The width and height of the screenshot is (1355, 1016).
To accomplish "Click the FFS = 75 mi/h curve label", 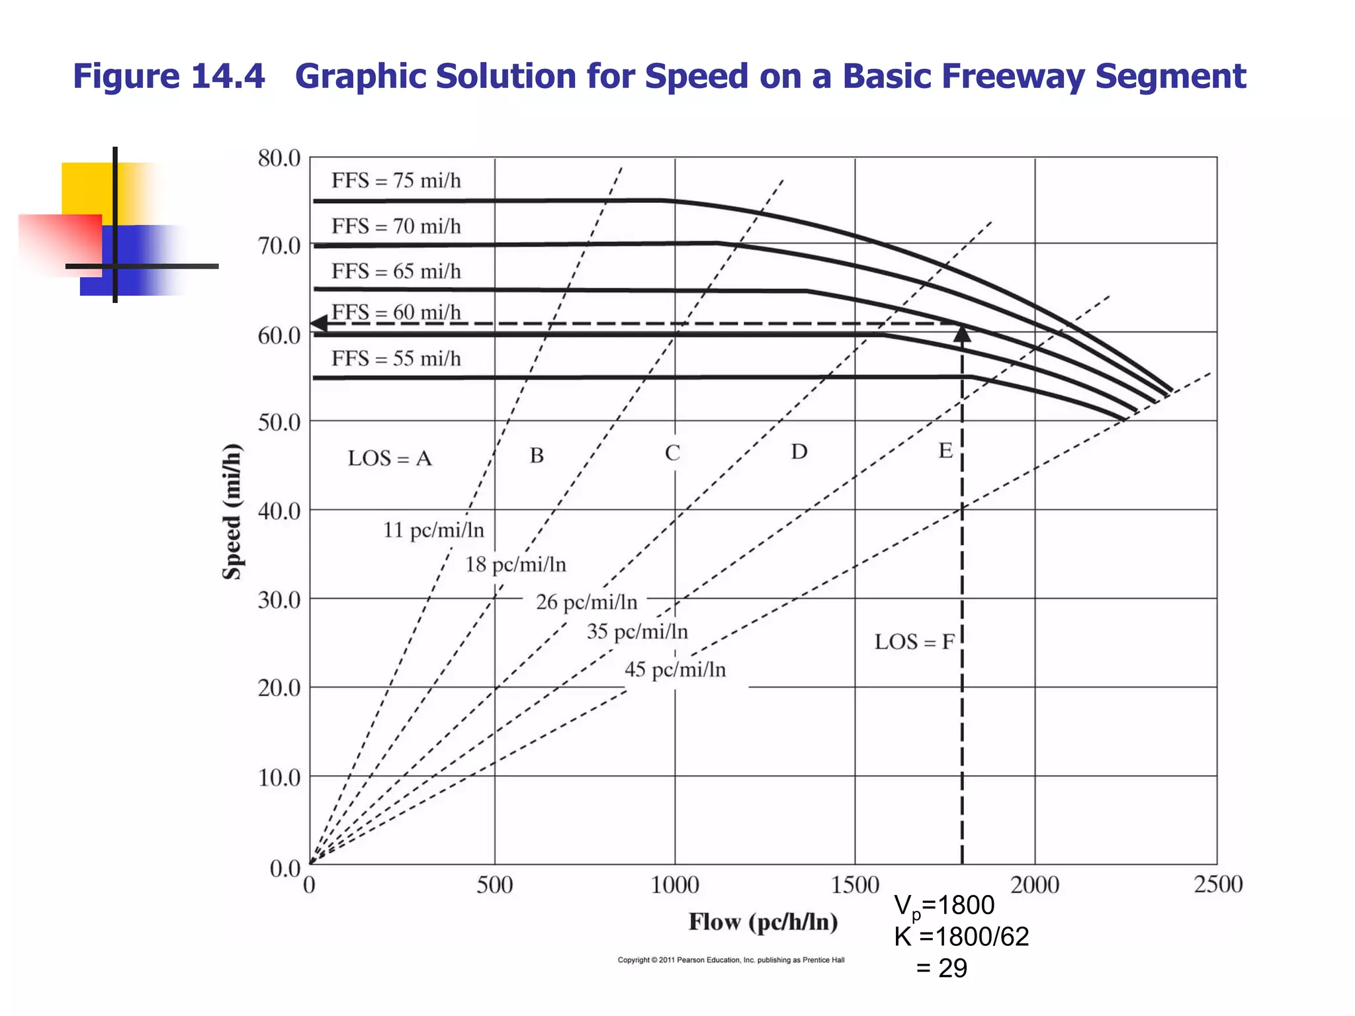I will [396, 181].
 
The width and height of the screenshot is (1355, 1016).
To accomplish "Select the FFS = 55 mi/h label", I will [396, 359].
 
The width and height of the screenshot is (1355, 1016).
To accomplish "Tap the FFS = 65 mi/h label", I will [396, 271].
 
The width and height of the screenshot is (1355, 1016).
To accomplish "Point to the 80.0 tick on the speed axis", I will [279, 159].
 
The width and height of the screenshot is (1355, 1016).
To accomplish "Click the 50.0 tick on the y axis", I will [279, 422].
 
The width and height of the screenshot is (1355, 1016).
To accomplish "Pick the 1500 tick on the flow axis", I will [854, 885].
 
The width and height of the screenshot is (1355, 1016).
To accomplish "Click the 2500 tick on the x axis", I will [1217, 885].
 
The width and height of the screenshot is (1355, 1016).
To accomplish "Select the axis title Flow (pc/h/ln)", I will [763, 922].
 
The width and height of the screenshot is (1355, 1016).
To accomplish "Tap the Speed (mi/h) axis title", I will [232, 511].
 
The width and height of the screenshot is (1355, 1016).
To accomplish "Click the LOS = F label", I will [914, 642].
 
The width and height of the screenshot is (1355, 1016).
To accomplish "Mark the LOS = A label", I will [390, 458].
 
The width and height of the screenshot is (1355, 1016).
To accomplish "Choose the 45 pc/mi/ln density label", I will [675, 670].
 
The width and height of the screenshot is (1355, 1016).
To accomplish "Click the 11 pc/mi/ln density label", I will [433, 530].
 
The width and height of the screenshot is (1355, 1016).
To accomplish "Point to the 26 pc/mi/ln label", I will [586, 603].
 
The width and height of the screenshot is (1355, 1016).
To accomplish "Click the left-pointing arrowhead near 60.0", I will [319, 323].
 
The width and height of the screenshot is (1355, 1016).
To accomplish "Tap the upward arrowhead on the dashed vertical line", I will [962, 334].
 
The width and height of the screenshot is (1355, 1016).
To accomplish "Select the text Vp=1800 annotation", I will [944, 906].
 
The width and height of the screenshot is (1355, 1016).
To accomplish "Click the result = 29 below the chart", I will [941, 968].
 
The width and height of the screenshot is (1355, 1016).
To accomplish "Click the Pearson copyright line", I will [730, 960].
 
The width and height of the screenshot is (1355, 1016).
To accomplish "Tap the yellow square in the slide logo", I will [86, 188].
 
